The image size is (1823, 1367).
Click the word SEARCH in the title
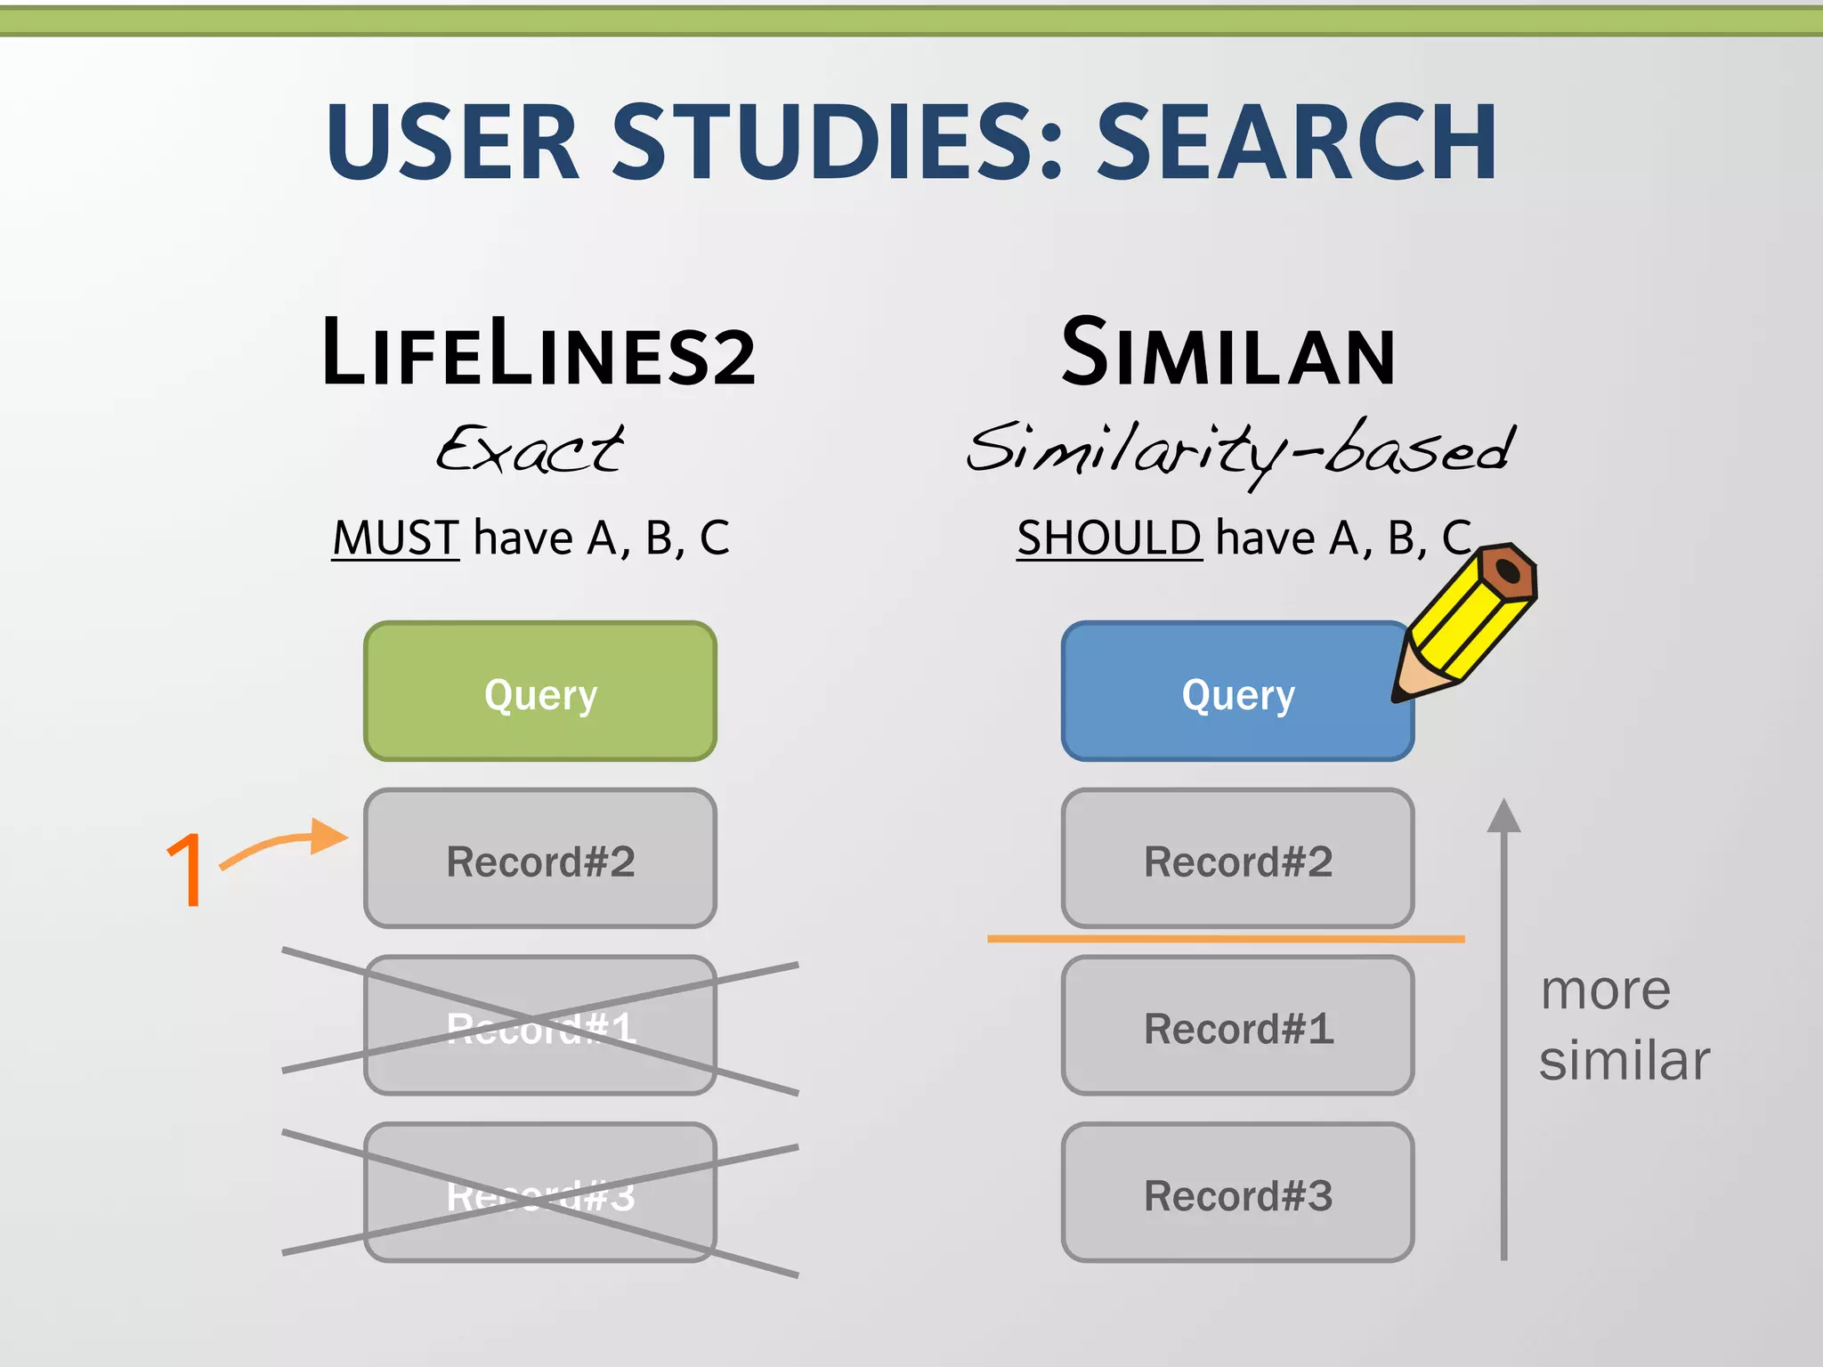point(1296,142)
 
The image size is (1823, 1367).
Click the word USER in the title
point(452,142)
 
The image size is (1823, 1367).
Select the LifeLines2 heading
point(539,354)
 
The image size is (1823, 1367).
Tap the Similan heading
point(1228,354)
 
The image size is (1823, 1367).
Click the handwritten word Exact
point(530,449)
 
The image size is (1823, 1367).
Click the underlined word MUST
point(395,538)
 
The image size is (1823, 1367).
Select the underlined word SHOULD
point(1109,538)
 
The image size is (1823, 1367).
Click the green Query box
point(540,692)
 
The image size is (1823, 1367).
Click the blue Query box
point(1237,692)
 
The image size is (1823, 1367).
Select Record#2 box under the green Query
point(540,859)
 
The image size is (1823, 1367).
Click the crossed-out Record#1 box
point(540,1025)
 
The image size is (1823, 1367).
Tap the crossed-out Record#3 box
point(540,1193)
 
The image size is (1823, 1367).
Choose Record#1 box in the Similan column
point(1237,1025)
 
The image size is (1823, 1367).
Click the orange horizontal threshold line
point(1225,939)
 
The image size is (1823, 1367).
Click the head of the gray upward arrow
point(1503,817)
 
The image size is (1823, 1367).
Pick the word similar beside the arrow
point(1624,1061)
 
